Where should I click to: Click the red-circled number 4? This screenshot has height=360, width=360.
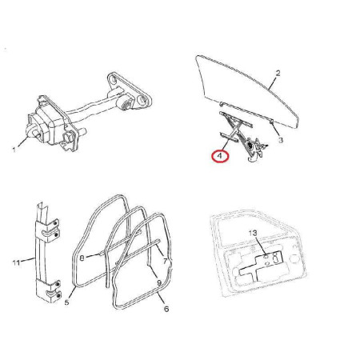(220, 156)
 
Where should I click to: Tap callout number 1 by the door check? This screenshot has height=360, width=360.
(14, 150)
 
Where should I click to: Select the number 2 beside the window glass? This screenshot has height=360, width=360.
(278, 73)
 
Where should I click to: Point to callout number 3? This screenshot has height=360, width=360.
(280, 140)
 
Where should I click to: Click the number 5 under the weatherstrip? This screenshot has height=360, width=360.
(66, 302)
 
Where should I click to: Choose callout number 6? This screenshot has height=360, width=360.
(166, 309)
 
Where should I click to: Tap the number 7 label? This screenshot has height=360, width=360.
(166, 262)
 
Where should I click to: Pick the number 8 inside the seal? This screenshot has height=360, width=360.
(82, 258)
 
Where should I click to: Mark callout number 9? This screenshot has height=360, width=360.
(159, 282)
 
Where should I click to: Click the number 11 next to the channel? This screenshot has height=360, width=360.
(16, 262)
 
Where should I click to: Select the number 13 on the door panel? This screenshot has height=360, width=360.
(253, 233)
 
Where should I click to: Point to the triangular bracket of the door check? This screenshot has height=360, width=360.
(130, 92)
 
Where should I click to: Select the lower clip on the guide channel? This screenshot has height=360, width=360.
(52, 290)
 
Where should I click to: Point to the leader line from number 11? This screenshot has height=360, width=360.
(28, 259)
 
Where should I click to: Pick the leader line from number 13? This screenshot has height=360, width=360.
(261, 246)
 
